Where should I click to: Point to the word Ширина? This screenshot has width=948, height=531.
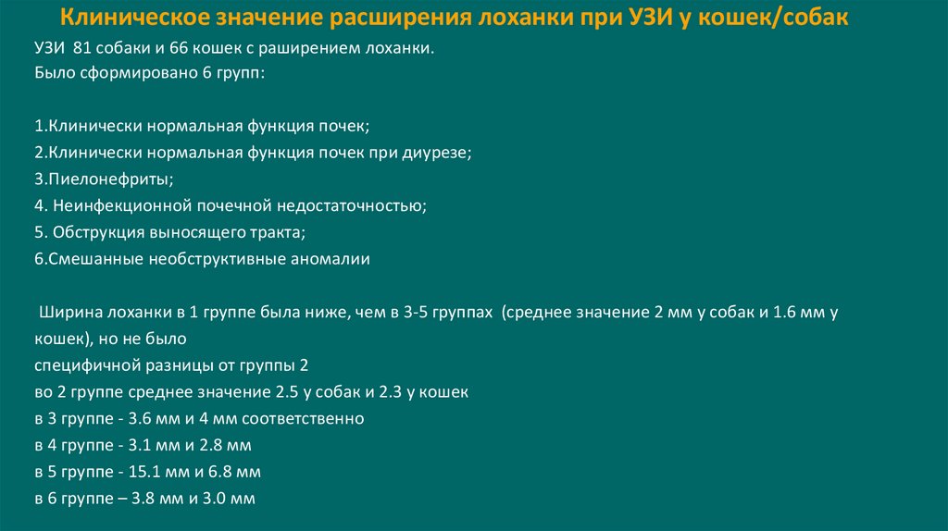pos(66,313)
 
